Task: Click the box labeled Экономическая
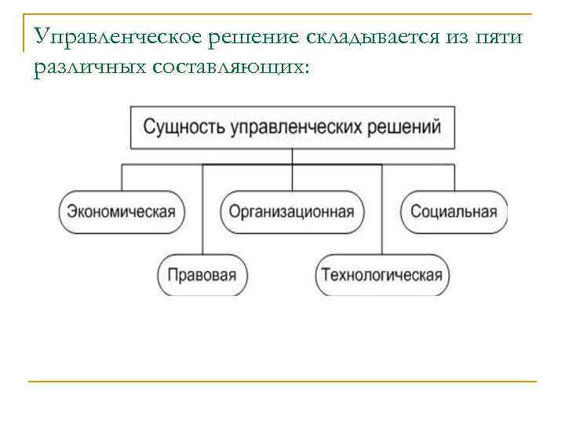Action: point(121,211)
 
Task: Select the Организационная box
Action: point(292,211)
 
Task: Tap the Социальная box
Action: point(454,211)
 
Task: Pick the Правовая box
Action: point(203,276)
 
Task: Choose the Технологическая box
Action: point(381,276)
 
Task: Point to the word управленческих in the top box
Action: point(301,127)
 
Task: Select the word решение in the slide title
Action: point(235,37)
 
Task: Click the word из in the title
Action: point(454,37)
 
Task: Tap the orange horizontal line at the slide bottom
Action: point(282,382)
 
